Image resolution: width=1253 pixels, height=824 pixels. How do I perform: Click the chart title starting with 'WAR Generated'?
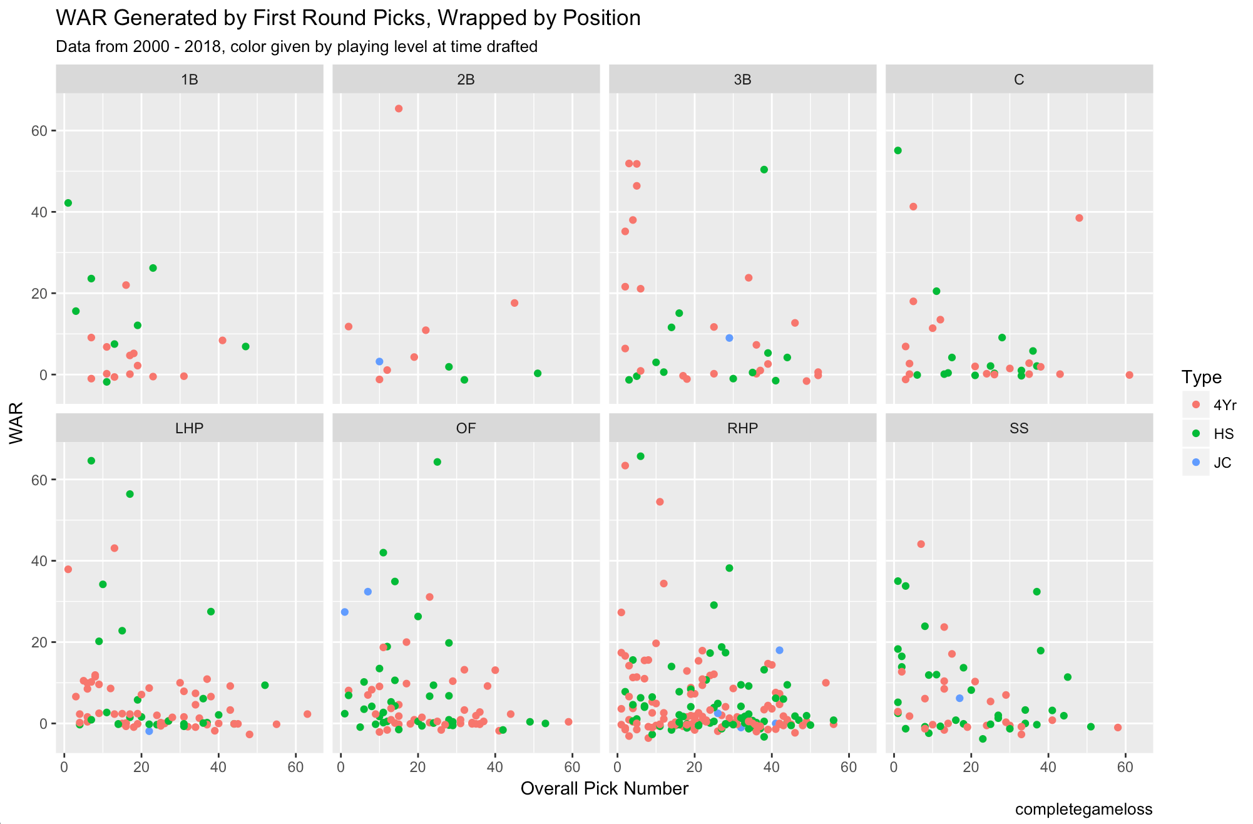click(348, 18)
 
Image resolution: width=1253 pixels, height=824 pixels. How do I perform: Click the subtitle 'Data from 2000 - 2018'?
click(296, 47)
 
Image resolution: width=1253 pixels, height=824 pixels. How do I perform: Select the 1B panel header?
click(189, 80)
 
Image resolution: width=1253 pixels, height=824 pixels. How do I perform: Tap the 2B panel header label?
click(466, 80)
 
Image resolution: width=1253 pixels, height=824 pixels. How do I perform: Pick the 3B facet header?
click(742, 80)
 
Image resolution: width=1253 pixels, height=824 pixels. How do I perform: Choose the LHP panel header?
click(189, 428)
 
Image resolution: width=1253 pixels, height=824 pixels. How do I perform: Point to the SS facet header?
click(1019, 428)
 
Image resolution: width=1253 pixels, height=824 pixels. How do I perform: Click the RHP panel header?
click(742, 428)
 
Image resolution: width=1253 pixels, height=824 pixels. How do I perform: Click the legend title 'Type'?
click(1201, 377)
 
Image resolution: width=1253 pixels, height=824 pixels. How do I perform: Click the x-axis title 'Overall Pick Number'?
click(604, 788)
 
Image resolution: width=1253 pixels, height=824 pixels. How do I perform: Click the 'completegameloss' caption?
click(1083, 810)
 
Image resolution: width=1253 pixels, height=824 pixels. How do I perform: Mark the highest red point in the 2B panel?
click(399, 108)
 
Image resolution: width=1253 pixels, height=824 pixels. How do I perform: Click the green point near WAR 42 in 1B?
click(68, 203)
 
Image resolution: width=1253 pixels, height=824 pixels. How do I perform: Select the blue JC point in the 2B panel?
click(379, 361)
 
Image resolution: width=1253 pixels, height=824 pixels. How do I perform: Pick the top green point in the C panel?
click(898, 150)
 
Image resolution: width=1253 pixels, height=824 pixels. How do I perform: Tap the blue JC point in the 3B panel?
click(729, 338)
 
